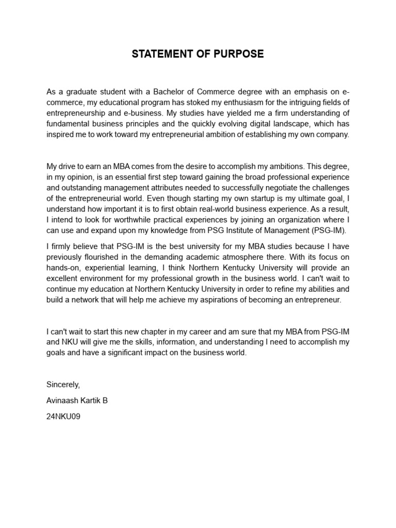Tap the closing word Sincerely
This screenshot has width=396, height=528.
(x=63, y=385)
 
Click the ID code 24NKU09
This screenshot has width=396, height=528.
(x=63, y=416)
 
